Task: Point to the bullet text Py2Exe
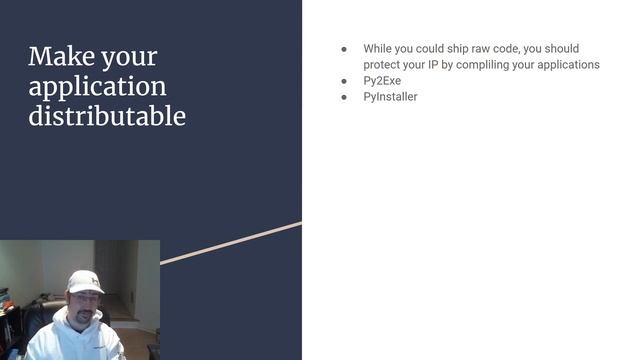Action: click(382, 81)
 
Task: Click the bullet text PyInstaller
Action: click(390, 97)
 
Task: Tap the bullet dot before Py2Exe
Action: click(344, 81)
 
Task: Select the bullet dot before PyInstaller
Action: click(344, 97)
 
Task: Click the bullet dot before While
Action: click(344, 49)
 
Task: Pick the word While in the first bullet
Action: click(378, 49)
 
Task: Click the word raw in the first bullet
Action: click(487, 49)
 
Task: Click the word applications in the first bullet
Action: click(568, 65)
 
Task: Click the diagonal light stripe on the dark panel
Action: click(230, 243)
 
